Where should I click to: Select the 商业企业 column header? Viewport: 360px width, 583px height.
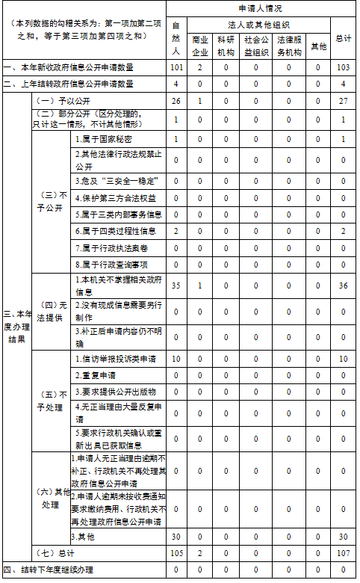tap(199, 46)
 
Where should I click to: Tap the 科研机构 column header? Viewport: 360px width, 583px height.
tap(226, 46)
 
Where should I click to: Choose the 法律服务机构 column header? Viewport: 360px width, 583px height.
tap(289, 46)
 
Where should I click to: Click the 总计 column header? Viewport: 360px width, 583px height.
tap(344, 38)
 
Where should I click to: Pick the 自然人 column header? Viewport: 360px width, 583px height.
tap(176, 38)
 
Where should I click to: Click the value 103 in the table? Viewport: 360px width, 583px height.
tap(344, 68)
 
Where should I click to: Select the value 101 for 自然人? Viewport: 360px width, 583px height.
tap(176, 68)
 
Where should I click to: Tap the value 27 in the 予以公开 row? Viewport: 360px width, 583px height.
tap(344, 101)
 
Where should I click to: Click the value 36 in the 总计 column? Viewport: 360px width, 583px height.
tap(344, 286)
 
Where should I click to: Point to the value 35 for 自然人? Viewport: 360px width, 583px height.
tap(176, 286)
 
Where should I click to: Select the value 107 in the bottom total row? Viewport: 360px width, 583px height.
tap(344, 554)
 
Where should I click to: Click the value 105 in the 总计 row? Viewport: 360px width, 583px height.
tap(176, 554)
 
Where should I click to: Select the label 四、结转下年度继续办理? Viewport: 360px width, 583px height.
tap(48, 570)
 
